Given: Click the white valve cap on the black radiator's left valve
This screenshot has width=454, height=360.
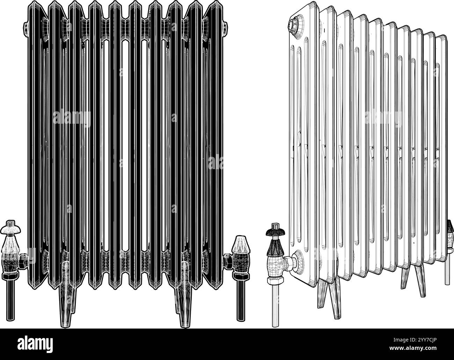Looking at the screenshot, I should pos(12,229).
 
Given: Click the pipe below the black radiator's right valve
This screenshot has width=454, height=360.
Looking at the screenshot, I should pos(241,297).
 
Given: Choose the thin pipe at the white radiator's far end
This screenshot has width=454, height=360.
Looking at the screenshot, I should pos(447,269).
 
